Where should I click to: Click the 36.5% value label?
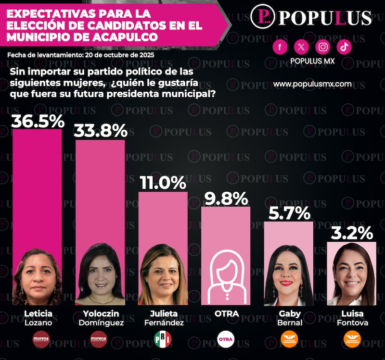point(38,121)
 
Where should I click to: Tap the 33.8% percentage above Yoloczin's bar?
point(101,131)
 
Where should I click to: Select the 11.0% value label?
point(163,183)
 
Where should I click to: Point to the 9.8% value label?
point(226,198)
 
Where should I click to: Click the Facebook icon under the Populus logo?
point(280,47)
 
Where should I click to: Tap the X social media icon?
point(301,47)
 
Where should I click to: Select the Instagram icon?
point(323,47)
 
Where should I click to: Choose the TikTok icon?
point(345,47)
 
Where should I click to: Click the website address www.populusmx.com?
point(312,84)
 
